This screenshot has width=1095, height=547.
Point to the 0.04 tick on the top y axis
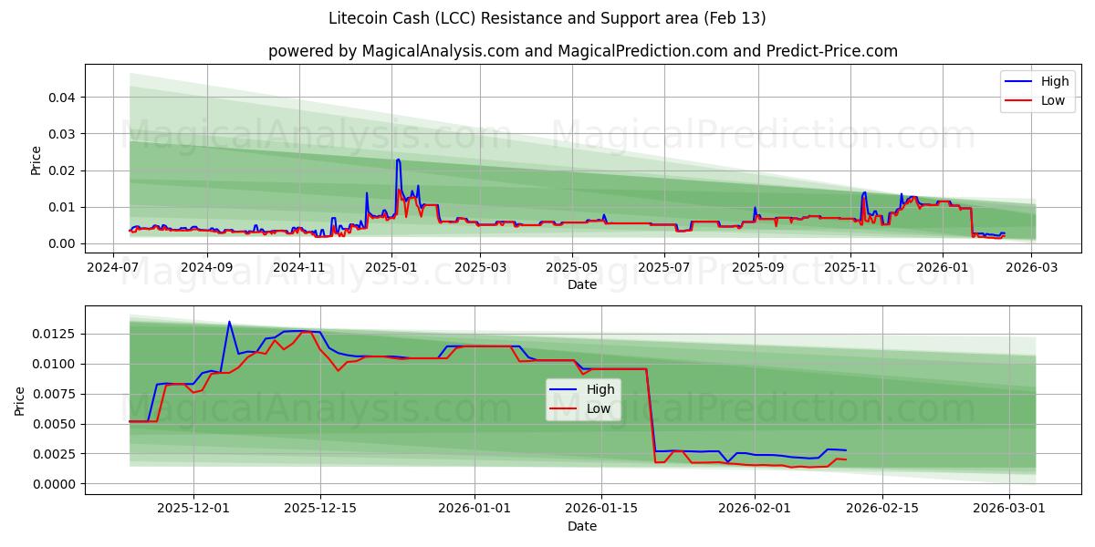pyautogui.click(x=62, y=98)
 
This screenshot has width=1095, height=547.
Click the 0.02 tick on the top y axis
pyautogui.click(x=62, y=170)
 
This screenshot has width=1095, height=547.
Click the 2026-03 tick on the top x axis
pyautogui.click(x=1032, y=267)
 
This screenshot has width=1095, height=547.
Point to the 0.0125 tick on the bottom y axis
pyautogui.click(x=55, y=334)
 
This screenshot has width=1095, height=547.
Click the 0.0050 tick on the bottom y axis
pyautogui.click(x=55, y=424)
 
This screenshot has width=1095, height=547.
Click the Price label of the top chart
pyautogui.click(x=36, y=160)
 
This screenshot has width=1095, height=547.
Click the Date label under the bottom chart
pyautogui.click(x=581, y=526)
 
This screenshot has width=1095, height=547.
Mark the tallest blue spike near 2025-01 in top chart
pyautogui.click(x=398, y=160)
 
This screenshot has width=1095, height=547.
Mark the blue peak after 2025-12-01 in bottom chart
pyautogui.click(x=229, y=322)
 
